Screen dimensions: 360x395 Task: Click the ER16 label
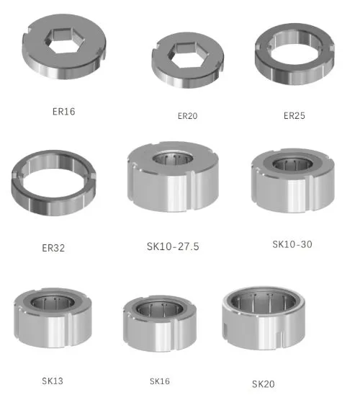pyautogui.click(x=63, y=112)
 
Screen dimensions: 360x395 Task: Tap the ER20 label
pyautogui.click(x=187, y=116)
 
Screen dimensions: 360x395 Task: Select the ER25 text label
pyautogui.click(x=294, y=115)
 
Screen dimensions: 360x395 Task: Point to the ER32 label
pyautogui.click(x=53, y=248)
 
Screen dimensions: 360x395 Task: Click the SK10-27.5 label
pyautogui.click(x=173, y=247)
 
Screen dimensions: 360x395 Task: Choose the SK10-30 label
pyautogui.click(x=292, y=244)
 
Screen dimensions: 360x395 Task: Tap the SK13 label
pyautogui.click(x=53, y=381)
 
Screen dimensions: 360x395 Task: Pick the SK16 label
pyautogui.click(x=160, y=381)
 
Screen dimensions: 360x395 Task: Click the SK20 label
pyautogui.click(x=263, y=384)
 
